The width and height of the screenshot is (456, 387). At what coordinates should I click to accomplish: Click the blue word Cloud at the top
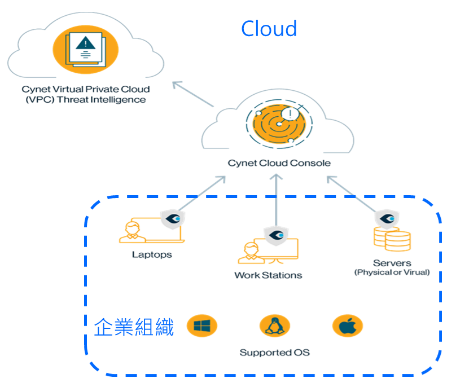click(269, 28)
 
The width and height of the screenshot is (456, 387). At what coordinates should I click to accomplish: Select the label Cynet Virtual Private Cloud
click(86, 89)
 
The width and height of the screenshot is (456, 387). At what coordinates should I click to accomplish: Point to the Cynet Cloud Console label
click(279, 163)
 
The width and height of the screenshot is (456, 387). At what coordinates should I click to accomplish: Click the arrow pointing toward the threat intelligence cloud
click(192, 94)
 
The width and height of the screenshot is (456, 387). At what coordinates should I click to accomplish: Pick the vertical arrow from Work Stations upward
click(276, 200)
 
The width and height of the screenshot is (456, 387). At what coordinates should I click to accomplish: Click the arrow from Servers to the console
click(353, 194)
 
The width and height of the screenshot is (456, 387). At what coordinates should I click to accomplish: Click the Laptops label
click(151, 254)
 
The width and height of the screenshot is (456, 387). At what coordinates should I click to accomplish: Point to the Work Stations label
click(268, 275)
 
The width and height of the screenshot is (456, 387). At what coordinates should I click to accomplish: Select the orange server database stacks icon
click(392, 240)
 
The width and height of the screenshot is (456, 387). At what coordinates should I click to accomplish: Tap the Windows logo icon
click(201, 326)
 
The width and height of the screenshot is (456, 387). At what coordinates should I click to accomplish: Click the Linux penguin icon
click(274, 326)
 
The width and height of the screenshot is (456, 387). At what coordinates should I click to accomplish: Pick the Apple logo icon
click(347, 326)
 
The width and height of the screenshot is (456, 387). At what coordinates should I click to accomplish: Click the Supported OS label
click(274, 353)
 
